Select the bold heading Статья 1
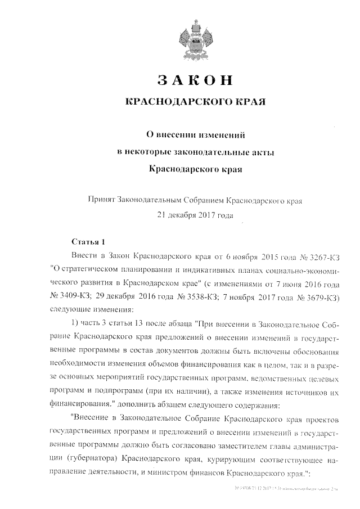(88, 242)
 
